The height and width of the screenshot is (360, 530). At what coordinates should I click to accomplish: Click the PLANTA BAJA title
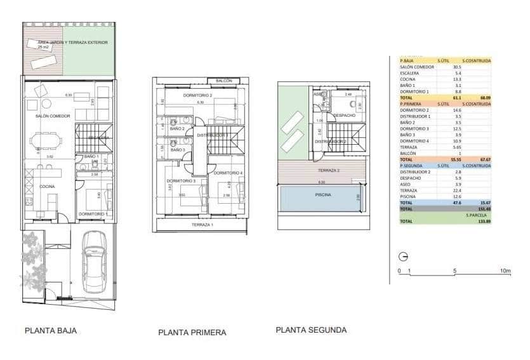pos(51,330)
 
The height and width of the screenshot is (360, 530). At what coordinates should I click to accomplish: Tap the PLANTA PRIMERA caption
pos(192,332)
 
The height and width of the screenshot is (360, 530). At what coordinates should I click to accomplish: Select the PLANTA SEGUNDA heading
pos(311,330)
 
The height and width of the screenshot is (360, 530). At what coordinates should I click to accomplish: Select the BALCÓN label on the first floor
pos(223,81)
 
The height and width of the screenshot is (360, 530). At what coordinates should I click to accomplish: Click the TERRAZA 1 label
pos(203,225)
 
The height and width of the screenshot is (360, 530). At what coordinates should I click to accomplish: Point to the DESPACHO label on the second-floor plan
pos(344,115)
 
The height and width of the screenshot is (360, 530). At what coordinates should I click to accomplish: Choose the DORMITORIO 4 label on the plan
pos(227,173)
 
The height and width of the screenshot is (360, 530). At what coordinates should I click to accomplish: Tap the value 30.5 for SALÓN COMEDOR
pos(457,67)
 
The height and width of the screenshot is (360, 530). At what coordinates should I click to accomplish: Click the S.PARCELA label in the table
pos(479,215)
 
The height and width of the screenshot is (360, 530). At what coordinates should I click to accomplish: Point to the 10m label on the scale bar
pos(505,271)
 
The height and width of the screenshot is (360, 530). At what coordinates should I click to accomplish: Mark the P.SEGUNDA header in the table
pos(411,165)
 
